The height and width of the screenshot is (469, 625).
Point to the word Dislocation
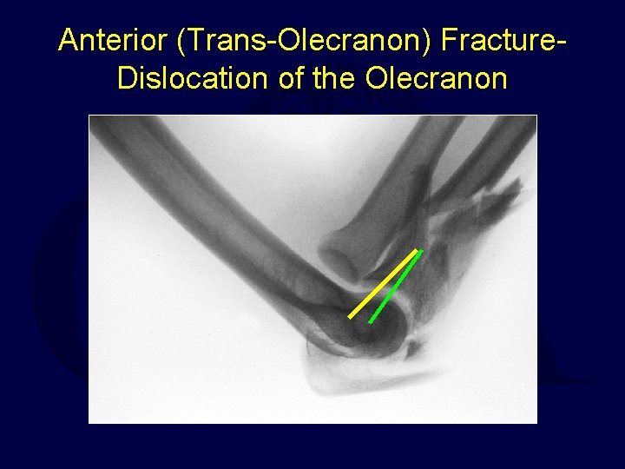tap(194, 78)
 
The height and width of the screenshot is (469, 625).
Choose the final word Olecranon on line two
tap(437, 78)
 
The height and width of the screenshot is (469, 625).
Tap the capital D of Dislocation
tap(127, 78)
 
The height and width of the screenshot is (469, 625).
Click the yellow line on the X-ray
tap(382, 285)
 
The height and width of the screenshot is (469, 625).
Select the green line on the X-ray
tap(396, 287)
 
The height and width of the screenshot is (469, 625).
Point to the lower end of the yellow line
tap(351, 317)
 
